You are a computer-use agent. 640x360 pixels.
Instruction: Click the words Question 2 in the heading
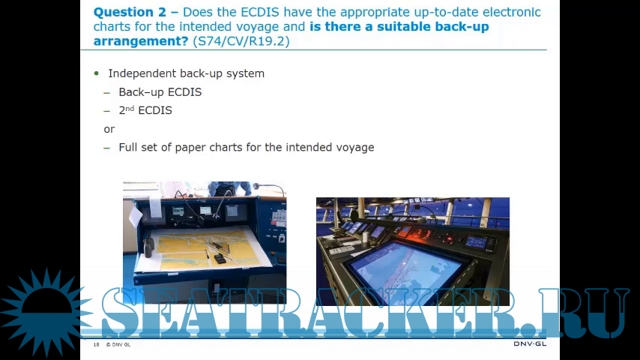[x=130, y=12]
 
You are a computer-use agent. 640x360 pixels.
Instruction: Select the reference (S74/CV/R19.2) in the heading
[x=241, y=41]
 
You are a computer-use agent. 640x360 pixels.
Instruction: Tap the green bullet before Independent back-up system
[x=97, y=73]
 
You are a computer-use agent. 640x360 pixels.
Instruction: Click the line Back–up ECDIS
[x=160, y=92]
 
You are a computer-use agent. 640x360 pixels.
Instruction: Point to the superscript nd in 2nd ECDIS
[x=130, y=108]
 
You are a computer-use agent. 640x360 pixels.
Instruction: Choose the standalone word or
[x=109, y=130]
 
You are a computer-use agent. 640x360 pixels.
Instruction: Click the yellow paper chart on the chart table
[x=208, y=249]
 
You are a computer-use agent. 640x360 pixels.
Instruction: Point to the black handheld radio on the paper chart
[x=220, y=258]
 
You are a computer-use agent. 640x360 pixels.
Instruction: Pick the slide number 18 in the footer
[x=97, y=344]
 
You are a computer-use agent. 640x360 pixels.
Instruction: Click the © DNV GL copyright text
[x=118, y=344]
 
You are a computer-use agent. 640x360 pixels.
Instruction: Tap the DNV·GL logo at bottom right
[x=530, y=343]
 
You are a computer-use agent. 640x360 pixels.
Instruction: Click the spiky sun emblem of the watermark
[x=46, y=312]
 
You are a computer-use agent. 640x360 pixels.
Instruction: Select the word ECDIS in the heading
[x=260, y=12]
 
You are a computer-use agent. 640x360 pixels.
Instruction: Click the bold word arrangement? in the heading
[x=141, y=41]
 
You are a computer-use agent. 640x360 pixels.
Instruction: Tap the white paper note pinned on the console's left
[x=135, y=217]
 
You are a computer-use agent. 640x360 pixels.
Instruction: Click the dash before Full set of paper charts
[x=107, y=148]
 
